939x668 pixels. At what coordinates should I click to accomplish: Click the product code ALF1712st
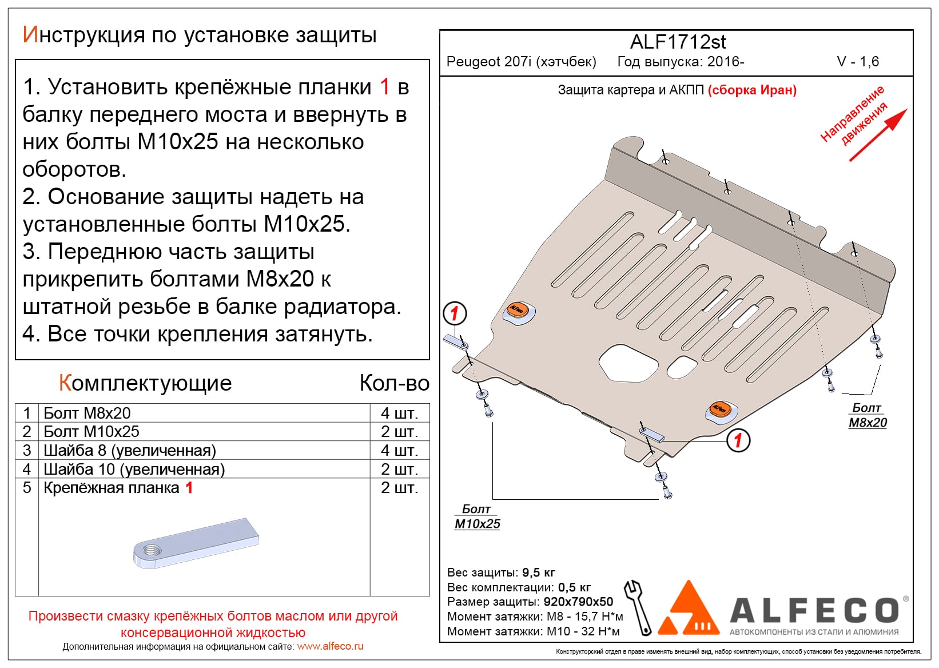[678, 42]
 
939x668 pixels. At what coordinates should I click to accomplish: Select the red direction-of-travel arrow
[878, 134]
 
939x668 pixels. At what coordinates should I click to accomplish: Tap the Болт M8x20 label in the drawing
[867, 415]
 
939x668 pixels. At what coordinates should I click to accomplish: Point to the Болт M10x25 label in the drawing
[477, 516]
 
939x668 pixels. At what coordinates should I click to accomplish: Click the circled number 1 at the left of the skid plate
[455, 313]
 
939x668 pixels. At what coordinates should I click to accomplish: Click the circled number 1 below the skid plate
[738, 440]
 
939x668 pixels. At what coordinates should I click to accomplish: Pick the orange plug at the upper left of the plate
[517, 309]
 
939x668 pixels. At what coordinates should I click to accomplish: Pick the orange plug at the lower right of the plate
[719, 409]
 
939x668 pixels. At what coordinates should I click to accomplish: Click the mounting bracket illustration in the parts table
[196, 543]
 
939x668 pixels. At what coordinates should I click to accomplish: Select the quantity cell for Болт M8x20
[399, 413]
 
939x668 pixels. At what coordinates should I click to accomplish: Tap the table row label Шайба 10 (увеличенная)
[134, 469]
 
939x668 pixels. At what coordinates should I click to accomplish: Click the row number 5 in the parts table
[27, 488]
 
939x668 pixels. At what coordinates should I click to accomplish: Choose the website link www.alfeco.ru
[330, 646]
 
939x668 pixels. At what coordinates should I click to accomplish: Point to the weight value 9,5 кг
[538, 572]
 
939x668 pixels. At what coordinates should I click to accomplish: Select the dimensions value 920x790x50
[578, 602]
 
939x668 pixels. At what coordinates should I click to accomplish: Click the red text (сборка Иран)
[752, 90]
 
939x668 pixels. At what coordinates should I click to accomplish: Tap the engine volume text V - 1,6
[858, 62]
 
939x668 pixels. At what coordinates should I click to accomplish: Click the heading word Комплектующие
[145, 383]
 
